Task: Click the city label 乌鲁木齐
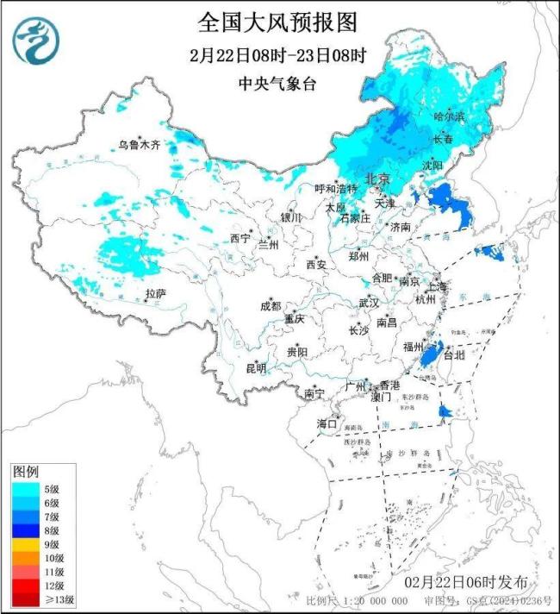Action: [x=140, y=144]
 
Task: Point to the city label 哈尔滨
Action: [x=448, y=115]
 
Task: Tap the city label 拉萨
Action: [x=155, y=294]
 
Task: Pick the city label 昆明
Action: [x=256, y=368]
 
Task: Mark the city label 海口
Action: [x=326, y=423]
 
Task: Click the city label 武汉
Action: [x=369, y=304]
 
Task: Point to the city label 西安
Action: [x=316, y=266]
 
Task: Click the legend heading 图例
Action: [x=25, y=473]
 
